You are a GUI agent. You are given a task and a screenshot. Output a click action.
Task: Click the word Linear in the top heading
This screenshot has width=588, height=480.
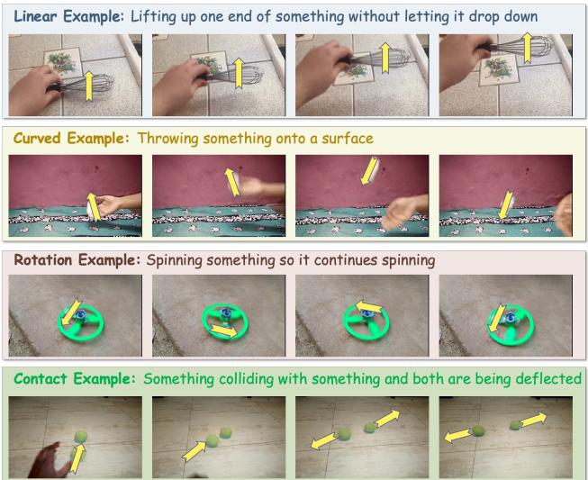(x=36, y=16)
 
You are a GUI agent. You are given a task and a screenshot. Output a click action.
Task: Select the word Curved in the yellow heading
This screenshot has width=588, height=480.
(x=35, y=140)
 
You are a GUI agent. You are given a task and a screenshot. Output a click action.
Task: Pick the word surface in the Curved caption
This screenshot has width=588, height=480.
(x=347, y=140)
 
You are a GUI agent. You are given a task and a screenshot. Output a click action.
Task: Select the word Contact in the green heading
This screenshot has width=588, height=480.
(x=39, y=378)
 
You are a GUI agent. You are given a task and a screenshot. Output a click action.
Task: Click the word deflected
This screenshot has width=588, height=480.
(x=548, y=378)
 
